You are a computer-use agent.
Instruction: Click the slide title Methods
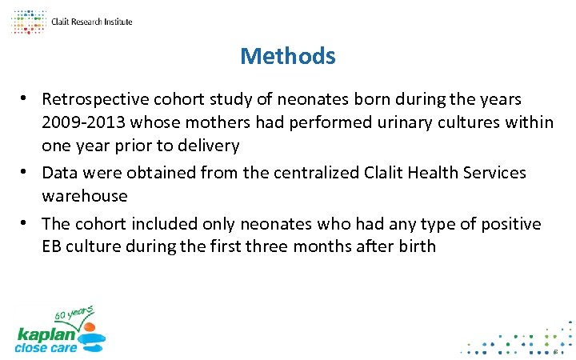click(287, 56)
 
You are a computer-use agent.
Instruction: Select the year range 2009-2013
click(79, 122)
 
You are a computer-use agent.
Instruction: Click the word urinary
click(407, 122)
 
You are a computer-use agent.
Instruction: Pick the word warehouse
click(85, 195)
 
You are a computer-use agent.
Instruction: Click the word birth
click(414, 246)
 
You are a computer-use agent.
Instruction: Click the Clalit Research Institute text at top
click(91, 22)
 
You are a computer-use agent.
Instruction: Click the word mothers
click(214, 122)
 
